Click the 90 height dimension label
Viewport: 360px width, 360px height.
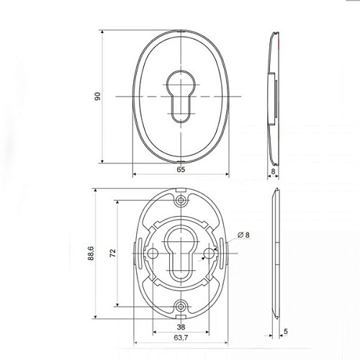[98, 96]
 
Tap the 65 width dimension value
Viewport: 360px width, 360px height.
[181, 169]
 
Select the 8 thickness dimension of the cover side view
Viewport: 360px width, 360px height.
[273, 171]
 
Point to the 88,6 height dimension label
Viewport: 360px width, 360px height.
[91, 253]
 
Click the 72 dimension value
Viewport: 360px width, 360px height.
[112, 253]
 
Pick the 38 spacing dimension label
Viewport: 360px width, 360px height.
[181, 327]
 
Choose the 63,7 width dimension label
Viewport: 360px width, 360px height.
[181, 338]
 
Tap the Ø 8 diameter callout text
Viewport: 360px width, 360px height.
[243, 235]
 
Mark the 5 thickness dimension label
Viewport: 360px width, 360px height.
[285, 331]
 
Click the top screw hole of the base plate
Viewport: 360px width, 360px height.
[181, 200]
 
